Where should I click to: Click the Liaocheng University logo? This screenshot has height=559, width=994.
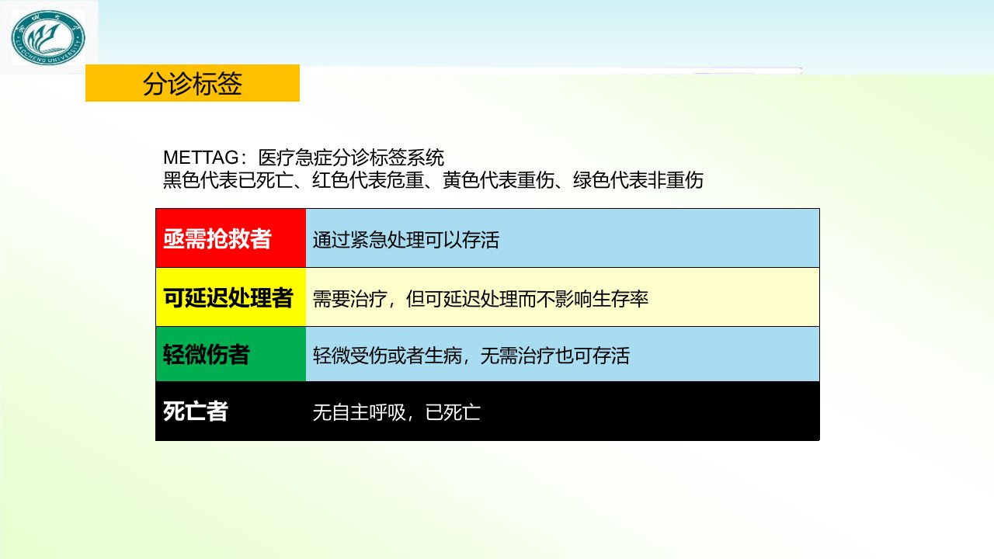point(48,38)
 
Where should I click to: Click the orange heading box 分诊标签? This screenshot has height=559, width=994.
point(192,83)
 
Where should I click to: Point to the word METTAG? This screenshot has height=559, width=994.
point(201,158)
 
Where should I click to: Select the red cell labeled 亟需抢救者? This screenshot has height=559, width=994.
point(231,238)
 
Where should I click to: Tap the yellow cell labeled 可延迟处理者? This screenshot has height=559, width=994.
point(231,297)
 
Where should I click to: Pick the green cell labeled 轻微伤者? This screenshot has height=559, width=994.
point(231,354)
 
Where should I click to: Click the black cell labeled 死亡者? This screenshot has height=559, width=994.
point(231,411)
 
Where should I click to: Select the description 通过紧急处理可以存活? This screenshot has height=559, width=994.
point(406,240)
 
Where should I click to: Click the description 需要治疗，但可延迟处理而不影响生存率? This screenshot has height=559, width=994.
point(481,299)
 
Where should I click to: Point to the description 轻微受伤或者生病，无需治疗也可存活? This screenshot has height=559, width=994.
point(471,356)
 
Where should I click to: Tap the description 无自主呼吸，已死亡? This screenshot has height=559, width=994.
point(397,412)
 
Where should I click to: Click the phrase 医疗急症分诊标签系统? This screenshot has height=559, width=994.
point(351,158)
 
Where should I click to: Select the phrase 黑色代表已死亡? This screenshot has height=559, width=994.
point(228,180)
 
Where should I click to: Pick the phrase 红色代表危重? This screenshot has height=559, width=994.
point(368,180)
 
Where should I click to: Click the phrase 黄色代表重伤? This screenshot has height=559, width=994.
point(499,180)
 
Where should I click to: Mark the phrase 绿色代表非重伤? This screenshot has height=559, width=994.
point(638,180)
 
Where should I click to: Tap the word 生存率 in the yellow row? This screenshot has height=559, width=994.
point(620,299)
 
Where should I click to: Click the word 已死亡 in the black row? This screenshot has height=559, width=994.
point(453,412)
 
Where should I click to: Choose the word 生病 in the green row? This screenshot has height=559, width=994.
point(443,356)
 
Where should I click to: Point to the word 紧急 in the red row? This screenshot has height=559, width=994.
point(369,240)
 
